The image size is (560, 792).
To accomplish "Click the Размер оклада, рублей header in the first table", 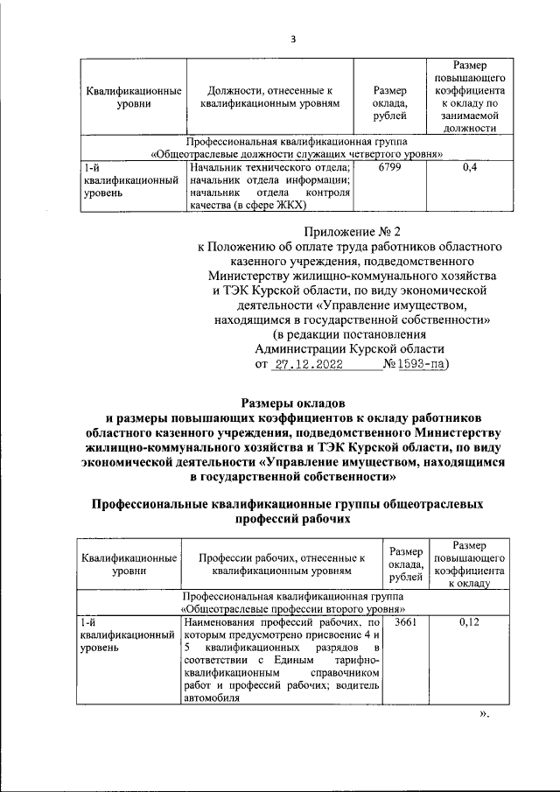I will pos(389,97).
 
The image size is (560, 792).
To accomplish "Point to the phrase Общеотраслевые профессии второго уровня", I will pos(293,607).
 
